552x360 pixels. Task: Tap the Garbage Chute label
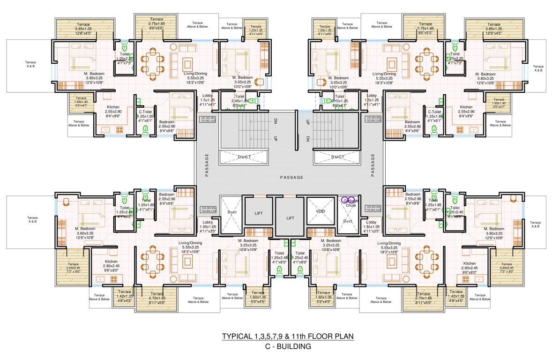point(351,203)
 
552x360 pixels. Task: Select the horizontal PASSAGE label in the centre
point(291,177)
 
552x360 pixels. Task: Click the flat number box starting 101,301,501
point(208,119)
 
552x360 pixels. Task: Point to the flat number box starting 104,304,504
point(208,209)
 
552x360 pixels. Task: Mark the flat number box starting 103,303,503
point(374,209)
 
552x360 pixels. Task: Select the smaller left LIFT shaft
point(258,213)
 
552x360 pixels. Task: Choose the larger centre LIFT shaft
point(289,218)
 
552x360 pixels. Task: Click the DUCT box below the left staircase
point(244,157)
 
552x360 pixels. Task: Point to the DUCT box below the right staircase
point(337,157)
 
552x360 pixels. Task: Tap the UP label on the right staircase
point(307,122)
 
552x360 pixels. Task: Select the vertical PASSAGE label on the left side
point(206,165)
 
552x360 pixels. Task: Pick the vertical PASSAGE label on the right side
point(373,165)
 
